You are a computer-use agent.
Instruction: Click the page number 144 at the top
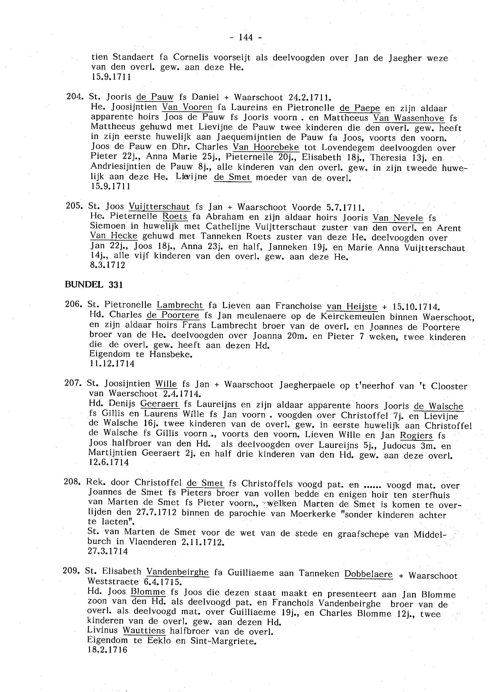coord(246,37)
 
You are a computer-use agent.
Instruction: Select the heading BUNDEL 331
coord(94,285)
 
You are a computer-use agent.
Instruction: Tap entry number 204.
coord(74,97)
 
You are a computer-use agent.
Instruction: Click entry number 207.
coord(73,383)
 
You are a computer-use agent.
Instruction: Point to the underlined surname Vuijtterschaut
coord(159,206)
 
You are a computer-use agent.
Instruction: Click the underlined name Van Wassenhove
coord(409,118)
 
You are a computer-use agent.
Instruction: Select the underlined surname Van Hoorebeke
coord(266,148)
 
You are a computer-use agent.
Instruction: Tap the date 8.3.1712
coord(107,265)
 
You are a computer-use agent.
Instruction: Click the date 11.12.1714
coord(112,363)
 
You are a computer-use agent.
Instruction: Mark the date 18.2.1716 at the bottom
coord(107,649)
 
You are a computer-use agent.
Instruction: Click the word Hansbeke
coord(171,354)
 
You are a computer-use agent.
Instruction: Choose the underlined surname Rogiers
coord(416,435)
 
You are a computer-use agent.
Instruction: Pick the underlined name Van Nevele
coord(398,217)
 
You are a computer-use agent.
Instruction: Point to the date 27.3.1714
coord(108,551)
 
